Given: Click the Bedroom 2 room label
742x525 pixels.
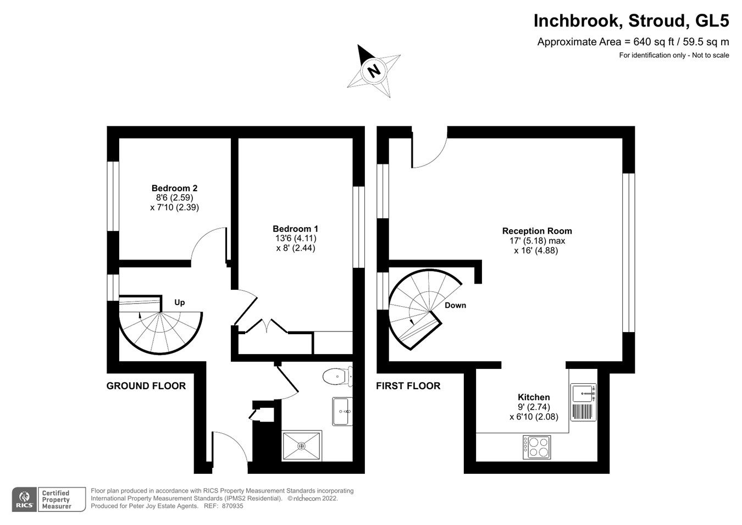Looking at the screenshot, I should point(174,187).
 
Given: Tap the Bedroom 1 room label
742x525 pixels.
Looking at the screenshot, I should point(295,229).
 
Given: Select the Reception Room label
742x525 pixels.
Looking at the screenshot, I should point(536,231).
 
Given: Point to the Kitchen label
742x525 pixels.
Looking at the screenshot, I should point(533,397).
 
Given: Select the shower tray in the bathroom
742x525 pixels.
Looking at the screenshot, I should point(301,446).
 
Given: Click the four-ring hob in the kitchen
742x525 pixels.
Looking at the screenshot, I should point(536,447).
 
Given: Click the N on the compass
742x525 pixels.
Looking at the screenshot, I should point(374,70).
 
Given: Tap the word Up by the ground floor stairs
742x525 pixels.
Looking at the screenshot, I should point(179,302).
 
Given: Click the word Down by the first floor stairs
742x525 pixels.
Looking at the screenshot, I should point(455,305).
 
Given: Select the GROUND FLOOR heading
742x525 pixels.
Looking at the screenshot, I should point(146,386).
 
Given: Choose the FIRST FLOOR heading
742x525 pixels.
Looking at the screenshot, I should point(408,386).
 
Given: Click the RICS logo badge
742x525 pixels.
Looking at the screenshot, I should point(24,499).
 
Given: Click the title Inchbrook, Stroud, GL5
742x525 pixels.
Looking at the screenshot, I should point(631,21).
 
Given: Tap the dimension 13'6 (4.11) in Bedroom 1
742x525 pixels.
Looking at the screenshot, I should point(295,239).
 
